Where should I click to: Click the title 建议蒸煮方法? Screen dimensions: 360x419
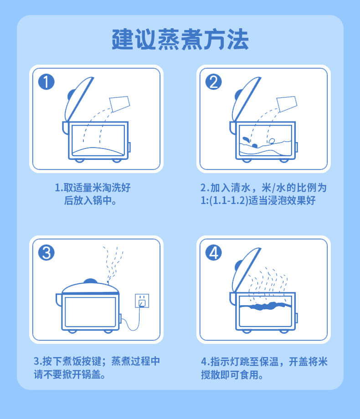180,40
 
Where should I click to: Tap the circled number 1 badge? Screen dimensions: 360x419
46,82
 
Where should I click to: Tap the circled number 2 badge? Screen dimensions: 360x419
213,82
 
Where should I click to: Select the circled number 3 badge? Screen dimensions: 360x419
46,252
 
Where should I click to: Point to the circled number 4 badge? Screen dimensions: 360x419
213,252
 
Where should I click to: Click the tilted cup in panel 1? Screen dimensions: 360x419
119,104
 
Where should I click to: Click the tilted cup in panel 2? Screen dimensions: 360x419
287,104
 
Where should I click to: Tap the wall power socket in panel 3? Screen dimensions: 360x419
142,301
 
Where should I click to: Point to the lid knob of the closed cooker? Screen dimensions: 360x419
90,281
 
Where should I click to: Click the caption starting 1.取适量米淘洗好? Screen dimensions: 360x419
93,194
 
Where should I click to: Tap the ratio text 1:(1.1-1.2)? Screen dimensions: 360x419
224,200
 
